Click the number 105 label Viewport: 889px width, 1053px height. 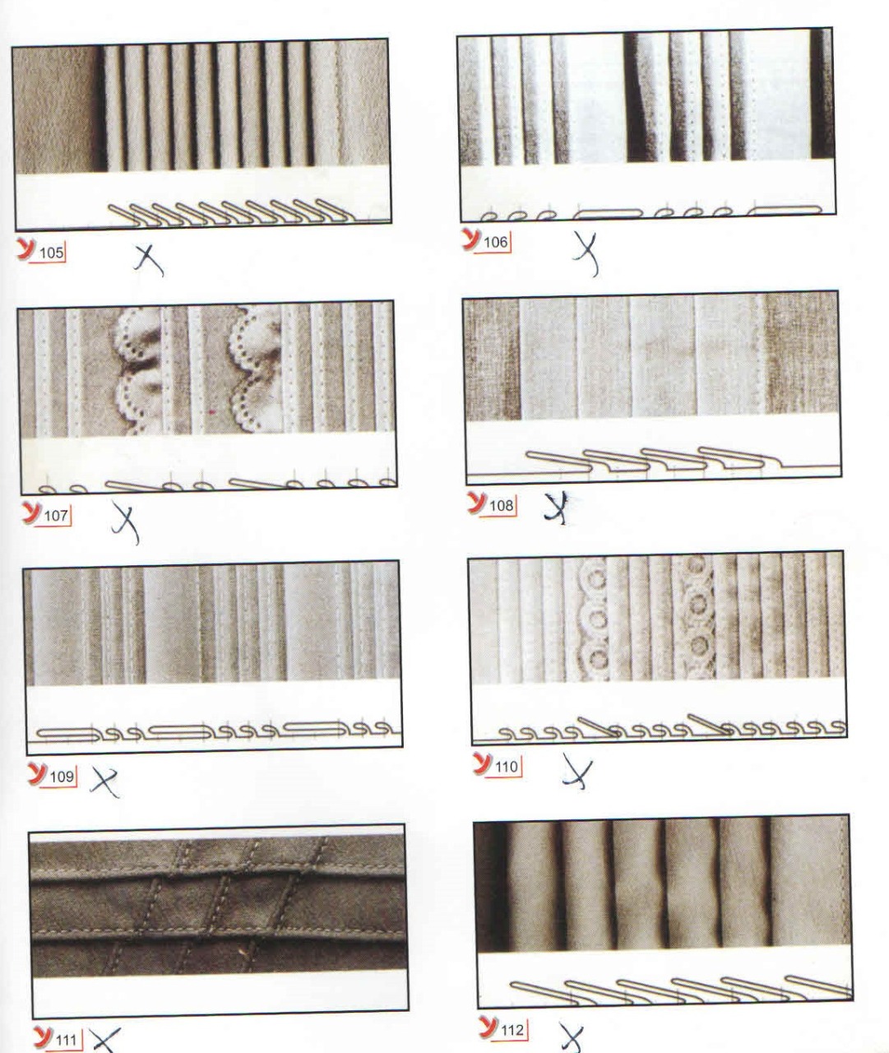52,253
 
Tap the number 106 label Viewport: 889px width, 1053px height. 496,243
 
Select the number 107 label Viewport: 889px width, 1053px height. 56,516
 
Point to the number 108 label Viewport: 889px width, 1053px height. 501,505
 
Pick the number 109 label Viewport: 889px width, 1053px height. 62,776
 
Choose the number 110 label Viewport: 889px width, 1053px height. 507,767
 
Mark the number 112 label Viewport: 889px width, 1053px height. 512,1029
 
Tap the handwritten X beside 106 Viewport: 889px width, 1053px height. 587,253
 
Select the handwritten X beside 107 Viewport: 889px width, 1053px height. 125,522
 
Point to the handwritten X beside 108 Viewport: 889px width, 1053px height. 557,508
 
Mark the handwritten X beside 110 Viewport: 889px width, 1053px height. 577,771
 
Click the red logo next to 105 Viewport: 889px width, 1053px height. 26,249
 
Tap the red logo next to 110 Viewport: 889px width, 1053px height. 483,763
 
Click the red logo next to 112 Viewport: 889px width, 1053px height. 488,1026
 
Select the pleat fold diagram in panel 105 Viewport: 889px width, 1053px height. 232,213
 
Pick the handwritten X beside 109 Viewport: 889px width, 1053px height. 104,783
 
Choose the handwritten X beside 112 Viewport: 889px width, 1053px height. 572,1039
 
